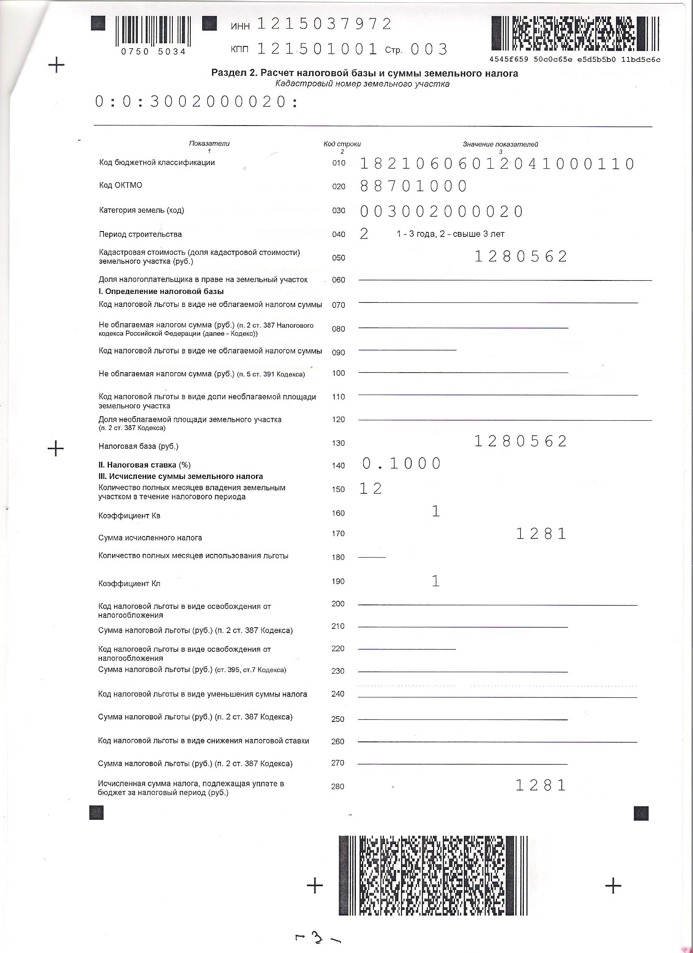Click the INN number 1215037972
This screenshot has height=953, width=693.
[324, 24]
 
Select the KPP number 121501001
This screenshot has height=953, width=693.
[317, 49]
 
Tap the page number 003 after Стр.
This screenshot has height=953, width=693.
[429, 50]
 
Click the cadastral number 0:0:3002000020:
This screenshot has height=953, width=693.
[196, 101]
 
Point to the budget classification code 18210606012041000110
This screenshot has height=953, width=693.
[497, 164]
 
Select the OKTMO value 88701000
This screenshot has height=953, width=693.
[413, 186]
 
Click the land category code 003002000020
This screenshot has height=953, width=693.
[441, 211]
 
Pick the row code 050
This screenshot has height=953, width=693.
[338, 258]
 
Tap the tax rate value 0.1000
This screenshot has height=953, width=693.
[402, 463]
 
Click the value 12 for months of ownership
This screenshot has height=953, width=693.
[371, 489]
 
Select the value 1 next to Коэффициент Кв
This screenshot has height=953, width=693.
[436, 512]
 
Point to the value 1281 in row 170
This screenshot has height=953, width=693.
[541, 534]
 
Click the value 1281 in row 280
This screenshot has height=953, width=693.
[541, 785]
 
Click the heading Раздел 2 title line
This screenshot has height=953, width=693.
[364, 73]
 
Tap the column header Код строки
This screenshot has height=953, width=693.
[342, 144]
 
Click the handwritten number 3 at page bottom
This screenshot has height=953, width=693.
[318, 938]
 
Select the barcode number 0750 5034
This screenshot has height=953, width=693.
[153, 52]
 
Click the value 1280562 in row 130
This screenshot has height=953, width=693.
[521, 441]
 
